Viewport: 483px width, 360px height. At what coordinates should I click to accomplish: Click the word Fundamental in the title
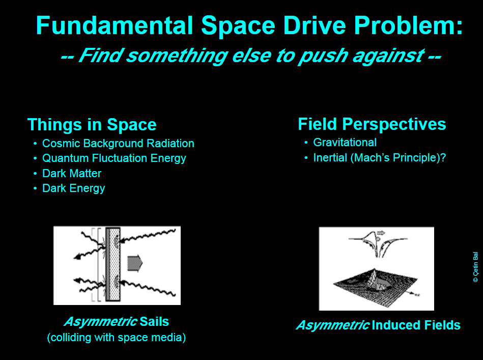click(115, 25)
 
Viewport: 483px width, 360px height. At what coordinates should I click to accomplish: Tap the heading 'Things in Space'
click(92, 125)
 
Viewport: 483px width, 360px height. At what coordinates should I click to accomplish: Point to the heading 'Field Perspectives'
click(372, 125)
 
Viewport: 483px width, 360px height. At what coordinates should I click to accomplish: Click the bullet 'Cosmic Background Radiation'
click(118, 143)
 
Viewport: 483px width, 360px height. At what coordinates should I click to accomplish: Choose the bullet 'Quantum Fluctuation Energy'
click(114, 158)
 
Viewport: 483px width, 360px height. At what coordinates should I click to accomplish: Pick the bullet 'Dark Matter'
click(71, 174)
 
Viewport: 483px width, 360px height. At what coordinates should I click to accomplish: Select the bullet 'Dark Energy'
click(74, 188)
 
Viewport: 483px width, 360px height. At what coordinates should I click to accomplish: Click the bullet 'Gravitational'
click(345, 143)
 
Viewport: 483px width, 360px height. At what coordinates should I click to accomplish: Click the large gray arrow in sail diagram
click(135, 264)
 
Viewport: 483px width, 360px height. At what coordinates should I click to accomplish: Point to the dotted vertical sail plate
click(113, 264)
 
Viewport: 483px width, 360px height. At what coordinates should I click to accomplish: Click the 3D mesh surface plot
click(375, 287)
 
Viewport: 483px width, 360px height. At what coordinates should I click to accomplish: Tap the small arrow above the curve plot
click(381, 233)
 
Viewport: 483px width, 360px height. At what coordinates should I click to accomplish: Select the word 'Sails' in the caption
click(154, 321)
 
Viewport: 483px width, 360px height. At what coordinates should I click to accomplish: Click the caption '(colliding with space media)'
click(117, 337)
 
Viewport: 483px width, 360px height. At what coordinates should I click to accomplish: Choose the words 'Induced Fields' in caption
click(416, 325)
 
